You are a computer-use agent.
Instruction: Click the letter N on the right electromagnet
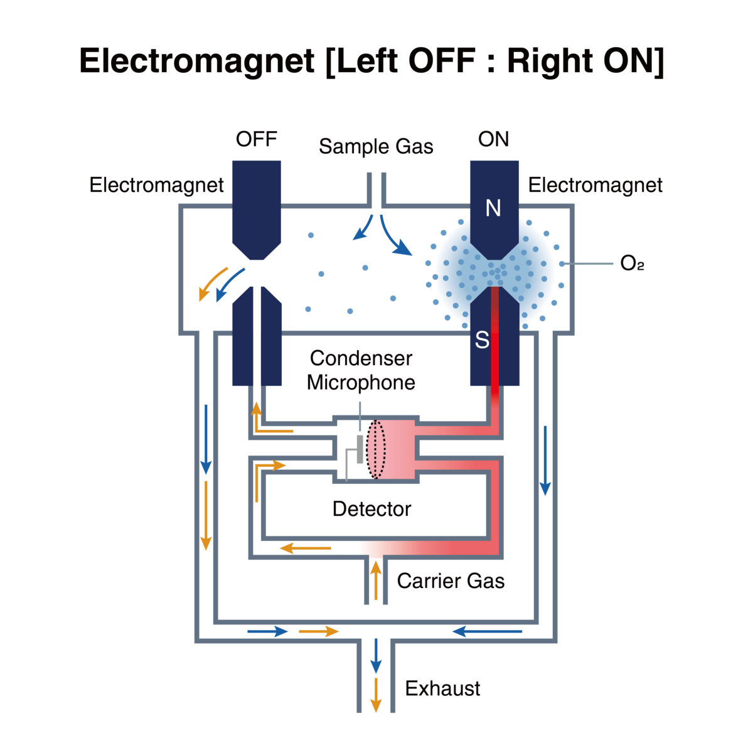(x=493, y=208)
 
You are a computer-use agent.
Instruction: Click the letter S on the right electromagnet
(x=482, y=340)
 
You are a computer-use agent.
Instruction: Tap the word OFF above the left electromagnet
(x=257, y=139)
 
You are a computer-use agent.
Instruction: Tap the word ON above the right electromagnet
(x=493, y=139)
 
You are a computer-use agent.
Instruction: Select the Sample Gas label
(x=376, y=147)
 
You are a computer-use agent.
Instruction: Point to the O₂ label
(x=632, y=264)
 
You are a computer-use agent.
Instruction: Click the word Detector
(x=371, y=508)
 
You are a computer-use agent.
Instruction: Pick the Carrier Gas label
(x=451, y=581)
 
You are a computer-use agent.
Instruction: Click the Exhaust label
(x=442, y=688)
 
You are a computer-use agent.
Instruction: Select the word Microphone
(x=361, y=382)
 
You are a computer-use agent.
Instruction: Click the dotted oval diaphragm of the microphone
(x=376, y=450)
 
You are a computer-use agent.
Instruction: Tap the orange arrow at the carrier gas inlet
(x=376, y=580)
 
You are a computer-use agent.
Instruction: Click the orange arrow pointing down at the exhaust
(x=375, y=695)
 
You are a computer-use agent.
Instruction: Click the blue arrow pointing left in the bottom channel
(x=487, y=631)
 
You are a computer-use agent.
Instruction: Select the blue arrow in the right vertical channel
(x=545, y=461)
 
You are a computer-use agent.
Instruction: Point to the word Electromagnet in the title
(x=196, y=62)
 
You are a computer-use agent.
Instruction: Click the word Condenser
(x=361, y=358)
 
